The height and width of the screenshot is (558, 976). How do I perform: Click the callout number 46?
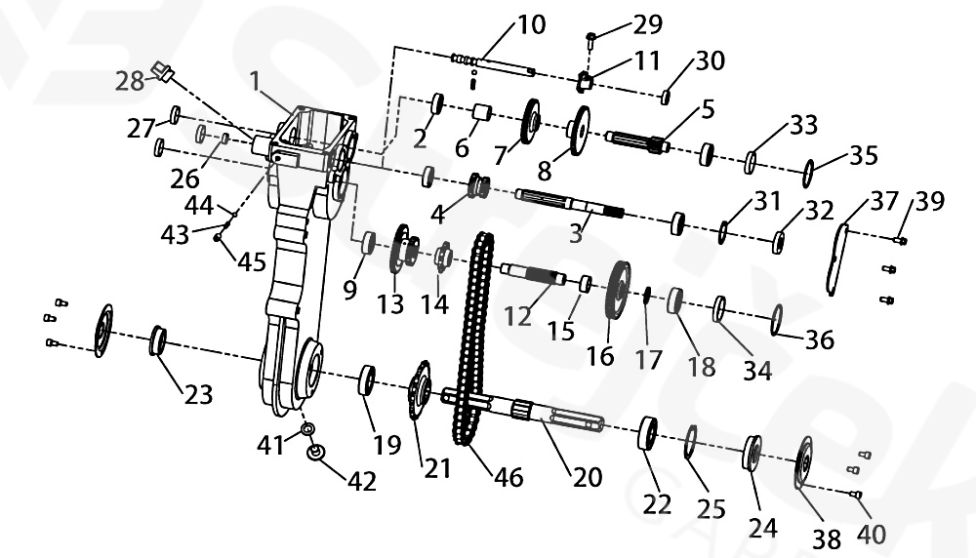coord(508,476)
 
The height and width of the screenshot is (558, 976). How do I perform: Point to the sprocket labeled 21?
coord(421,390)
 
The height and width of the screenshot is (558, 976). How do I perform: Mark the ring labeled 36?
coord(779,320)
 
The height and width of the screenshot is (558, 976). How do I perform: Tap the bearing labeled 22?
coord(648,434)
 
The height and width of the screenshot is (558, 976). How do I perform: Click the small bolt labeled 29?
coord(592,39)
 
